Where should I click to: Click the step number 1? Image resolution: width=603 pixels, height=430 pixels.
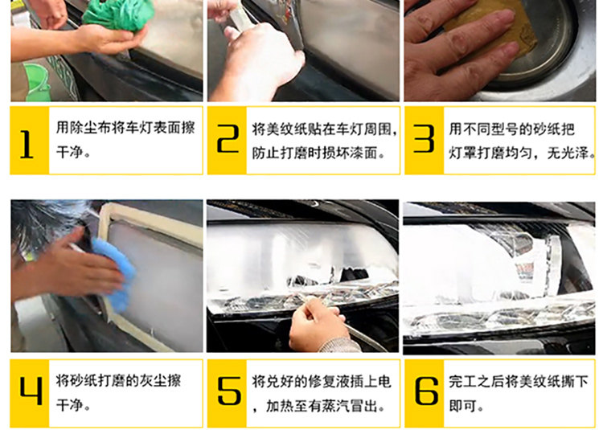click(x=27, y=144)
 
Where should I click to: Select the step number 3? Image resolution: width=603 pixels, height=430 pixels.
click(x=424, y=138)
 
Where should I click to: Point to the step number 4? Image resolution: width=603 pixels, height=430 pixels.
click(x=31, y=391)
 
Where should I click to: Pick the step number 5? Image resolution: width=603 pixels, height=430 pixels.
click(x=229, y=391)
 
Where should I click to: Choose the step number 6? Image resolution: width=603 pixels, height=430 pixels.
click(x=426, y=391)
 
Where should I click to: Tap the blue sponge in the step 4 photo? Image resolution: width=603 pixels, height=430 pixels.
click(x=115, y=272)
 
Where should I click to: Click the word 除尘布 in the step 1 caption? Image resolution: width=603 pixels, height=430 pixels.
click(x=89, y=128)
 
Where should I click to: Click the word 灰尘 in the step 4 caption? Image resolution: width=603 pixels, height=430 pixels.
click(x=153, y=380)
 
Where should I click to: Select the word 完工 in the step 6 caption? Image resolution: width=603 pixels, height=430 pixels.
click(x=463, y=382)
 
